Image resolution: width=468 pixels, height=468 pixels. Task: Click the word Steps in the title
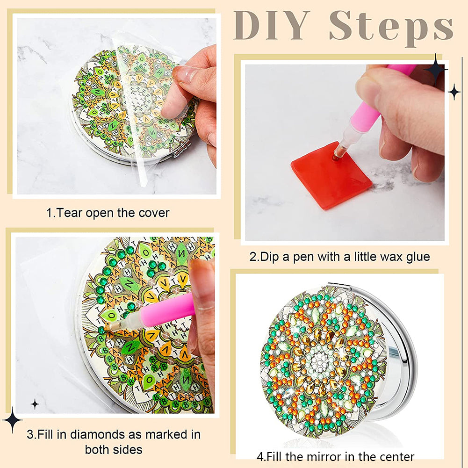tap(391, 26)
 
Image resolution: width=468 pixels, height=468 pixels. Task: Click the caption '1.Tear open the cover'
tap(108, 213)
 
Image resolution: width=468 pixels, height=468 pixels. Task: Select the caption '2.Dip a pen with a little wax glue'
tap(339, 257)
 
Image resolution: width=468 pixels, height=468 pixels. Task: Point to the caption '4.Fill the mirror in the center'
tap(335, 456)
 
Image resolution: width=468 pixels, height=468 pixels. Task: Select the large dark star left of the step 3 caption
tap(12, 419)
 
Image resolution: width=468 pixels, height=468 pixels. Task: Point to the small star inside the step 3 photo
tap(35, 404)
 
